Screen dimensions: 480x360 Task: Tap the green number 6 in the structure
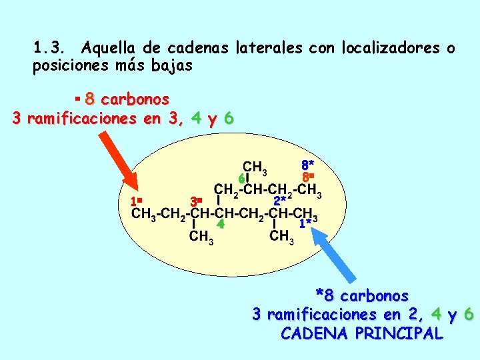[x=241, y=179]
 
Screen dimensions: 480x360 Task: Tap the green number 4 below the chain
[x=220, y=225]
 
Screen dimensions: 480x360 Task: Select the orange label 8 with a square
[x=307, y=178]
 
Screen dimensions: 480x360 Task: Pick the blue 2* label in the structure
[x=281, y=200]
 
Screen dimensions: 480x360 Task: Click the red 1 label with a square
[x=137, y=201]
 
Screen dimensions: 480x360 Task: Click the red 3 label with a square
[x=195, y=201]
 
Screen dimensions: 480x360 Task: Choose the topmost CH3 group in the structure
[x=255, y=166]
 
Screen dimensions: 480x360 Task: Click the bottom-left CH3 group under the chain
[x=201, y=237]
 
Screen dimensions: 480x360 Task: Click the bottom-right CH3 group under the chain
[x=281, y=237]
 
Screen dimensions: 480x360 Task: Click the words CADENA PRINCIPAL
[x=362, y=333]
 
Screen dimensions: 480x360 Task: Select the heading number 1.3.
[x=48, y=48]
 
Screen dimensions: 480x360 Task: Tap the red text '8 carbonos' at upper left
[x=127, y=99]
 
